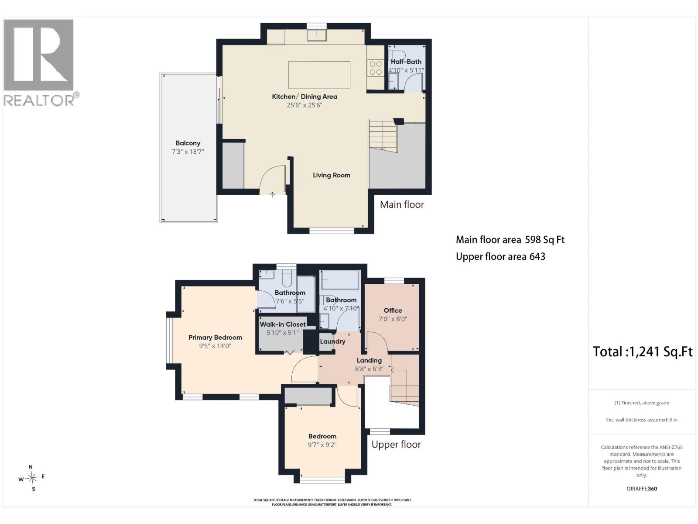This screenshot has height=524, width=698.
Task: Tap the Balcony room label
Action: click(188, 143)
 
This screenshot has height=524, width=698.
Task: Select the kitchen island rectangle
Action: click(319, 75)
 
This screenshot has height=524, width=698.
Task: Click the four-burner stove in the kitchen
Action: click(376, 68)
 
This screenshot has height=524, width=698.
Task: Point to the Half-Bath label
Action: click(406, 62)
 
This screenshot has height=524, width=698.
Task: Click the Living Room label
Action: click(332, 175)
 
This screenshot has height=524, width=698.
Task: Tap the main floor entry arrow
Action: click(273, 194)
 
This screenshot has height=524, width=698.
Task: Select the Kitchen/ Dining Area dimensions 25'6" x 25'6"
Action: click(305, 105)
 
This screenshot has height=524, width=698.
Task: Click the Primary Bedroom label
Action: click(215, 337)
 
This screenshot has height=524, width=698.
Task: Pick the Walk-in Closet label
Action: click(283, 324)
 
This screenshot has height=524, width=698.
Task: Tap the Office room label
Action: click(393, 310)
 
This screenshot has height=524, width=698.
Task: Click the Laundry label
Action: click(332, 341)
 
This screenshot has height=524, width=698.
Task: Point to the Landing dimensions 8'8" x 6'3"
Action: click(369, 369)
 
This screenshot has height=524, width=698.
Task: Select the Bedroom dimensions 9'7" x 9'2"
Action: click(322, 445)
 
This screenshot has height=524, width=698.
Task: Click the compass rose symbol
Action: click(32, 478)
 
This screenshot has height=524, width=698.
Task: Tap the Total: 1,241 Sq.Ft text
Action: click(643, 352)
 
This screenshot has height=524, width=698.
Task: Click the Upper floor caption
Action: click(396, 445)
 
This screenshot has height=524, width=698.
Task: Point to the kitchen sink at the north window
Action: click(317, 35)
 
